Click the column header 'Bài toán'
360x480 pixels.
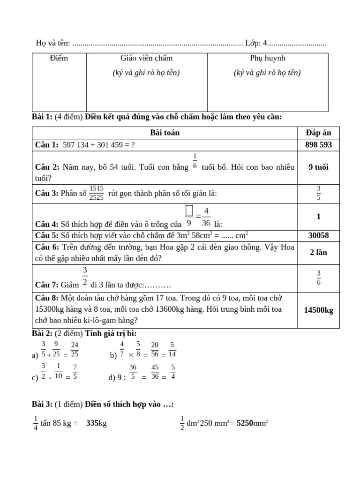(165, 133)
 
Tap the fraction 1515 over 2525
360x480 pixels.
(97, 193)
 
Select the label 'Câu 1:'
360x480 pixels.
(46, 145)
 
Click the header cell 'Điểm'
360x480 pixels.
(59, 58)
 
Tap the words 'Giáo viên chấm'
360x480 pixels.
(146, 58)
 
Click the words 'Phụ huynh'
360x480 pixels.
(267, 58)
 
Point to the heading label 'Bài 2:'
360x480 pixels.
(42, 333)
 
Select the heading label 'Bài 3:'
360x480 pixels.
(42, 404)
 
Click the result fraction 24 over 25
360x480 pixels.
(74, 350)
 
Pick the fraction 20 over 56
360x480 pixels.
(155, 350)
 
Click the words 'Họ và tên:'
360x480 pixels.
(53, 43)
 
